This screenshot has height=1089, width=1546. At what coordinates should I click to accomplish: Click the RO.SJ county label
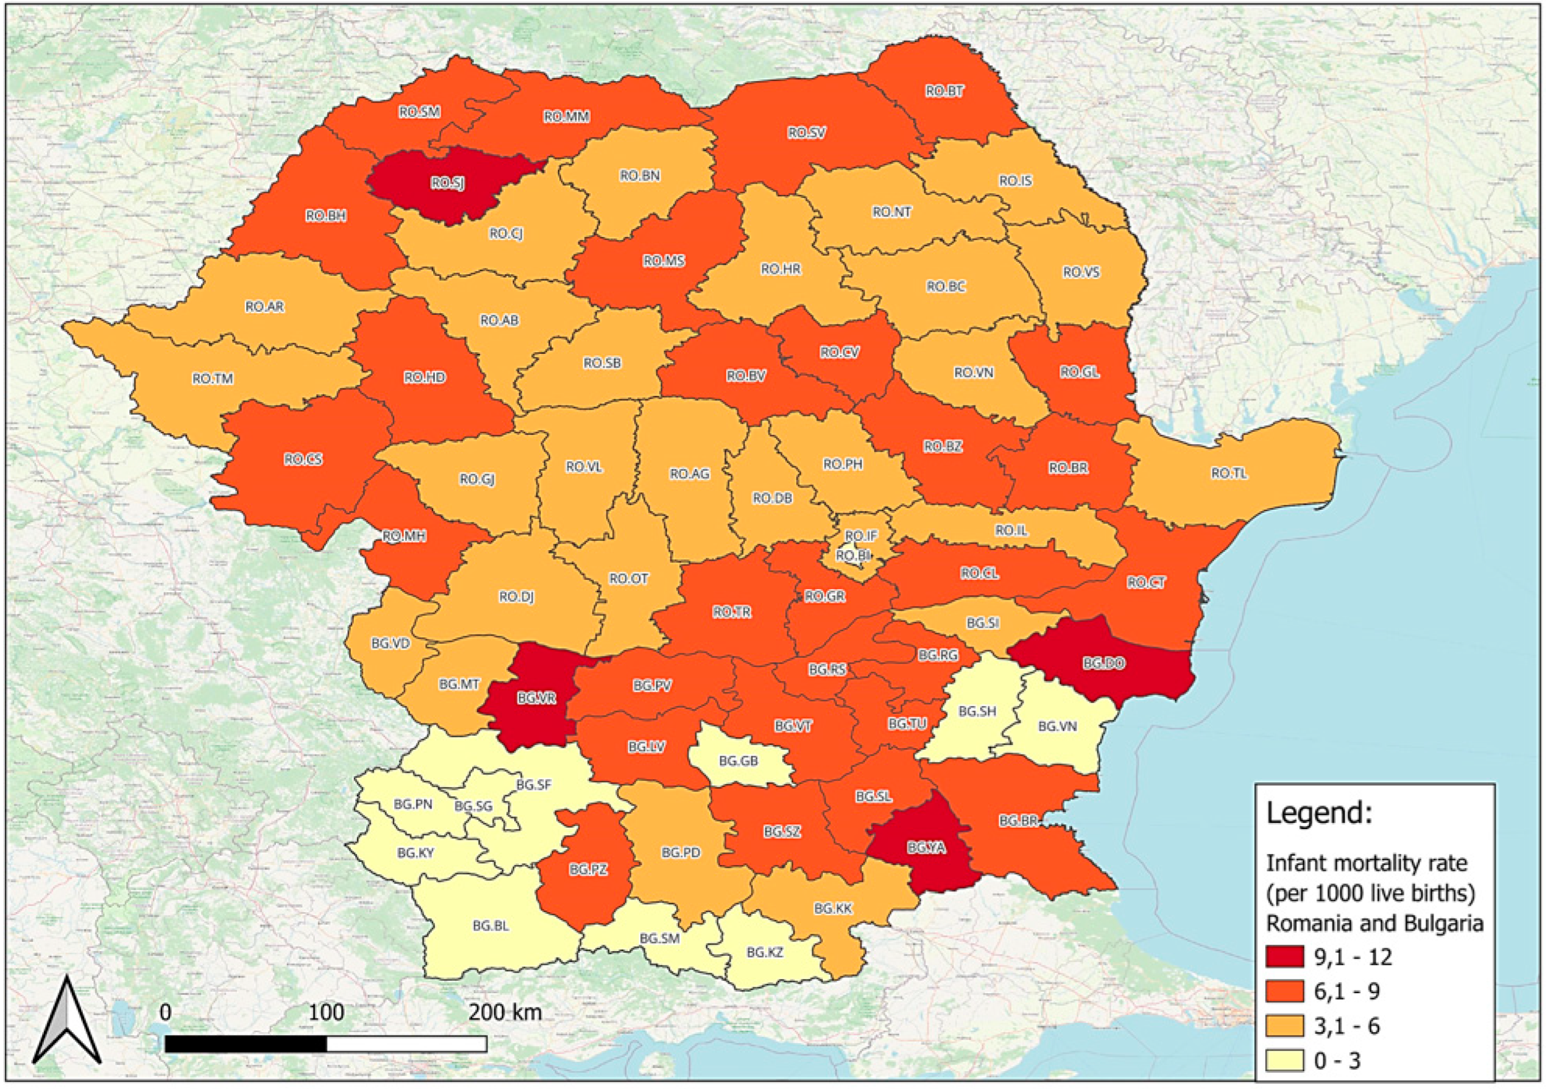[448, 182]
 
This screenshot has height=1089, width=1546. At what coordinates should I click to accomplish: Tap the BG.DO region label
[1104, 663]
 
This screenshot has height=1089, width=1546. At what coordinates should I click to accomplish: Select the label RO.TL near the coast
[1229, 473]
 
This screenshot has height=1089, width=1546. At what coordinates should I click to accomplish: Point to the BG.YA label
[927, 848]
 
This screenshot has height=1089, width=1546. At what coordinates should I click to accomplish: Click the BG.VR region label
[537, 698]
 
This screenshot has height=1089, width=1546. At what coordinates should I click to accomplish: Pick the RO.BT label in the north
[944, 91]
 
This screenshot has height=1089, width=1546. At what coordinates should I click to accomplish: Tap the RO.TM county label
[213, 379]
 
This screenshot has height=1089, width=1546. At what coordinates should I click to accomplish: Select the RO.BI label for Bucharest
[853, 556]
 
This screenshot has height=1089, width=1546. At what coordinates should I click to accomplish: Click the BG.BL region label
[490, 926]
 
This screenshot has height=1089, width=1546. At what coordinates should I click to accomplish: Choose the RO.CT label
[1146, 583]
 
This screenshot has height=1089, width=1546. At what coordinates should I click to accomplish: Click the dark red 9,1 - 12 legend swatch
[1284, 957]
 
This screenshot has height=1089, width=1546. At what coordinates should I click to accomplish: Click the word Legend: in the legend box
[1318, 814]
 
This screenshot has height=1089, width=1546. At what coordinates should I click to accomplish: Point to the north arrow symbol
[67, 1020]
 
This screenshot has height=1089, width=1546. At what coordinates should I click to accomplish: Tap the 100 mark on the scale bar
[327, 1012]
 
